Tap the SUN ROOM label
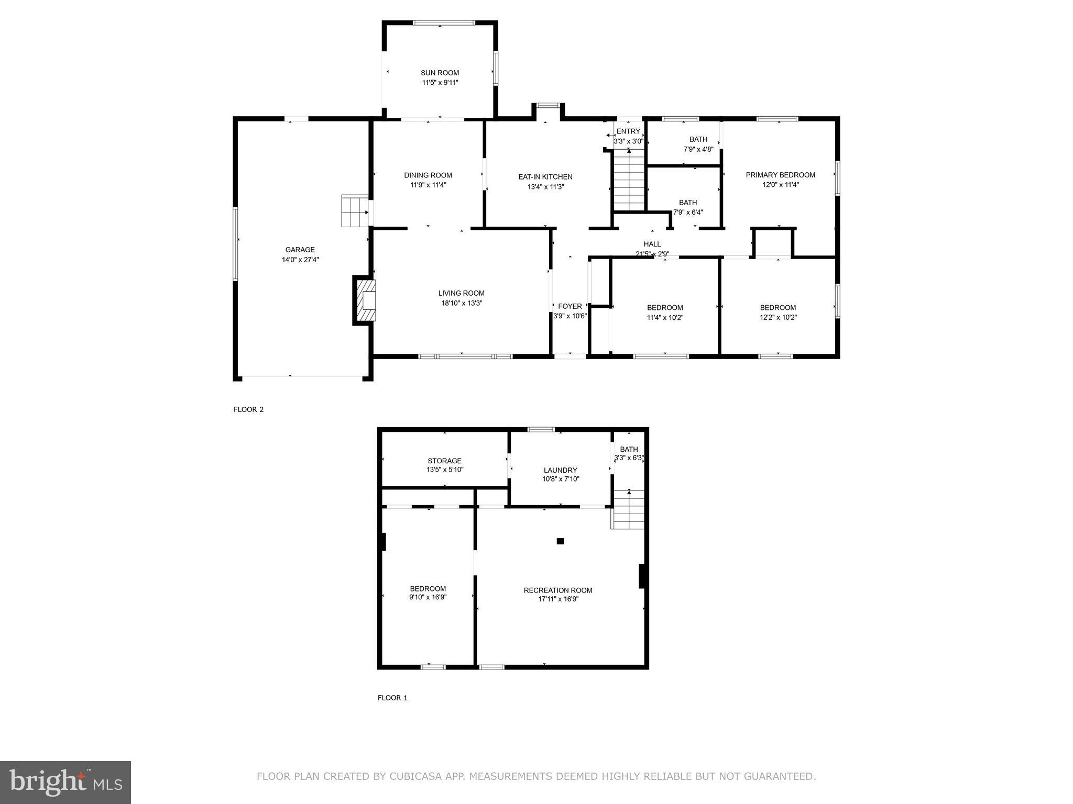[x=440, y=73]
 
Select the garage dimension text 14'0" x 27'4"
[x=300, y=260]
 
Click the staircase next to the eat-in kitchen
[x=629, y=179]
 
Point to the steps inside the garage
[x=355, y=211]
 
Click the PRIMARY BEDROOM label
[x=780, y=175]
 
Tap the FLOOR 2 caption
[x=248, y=409]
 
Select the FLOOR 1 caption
[x=392, y=698]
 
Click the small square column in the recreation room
[x=560, y=541]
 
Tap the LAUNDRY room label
[x=560, y=470]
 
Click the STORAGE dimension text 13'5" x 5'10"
[x=444, y=470]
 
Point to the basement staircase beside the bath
[x=628, y=510]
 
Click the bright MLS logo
[x=65, y=782]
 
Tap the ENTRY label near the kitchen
[x=628, y=131]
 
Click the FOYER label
[x=570, y=306]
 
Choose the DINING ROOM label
[x=428, y=175]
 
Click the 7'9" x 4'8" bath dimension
[x=698, y=149]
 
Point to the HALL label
[x=652, y=244]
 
